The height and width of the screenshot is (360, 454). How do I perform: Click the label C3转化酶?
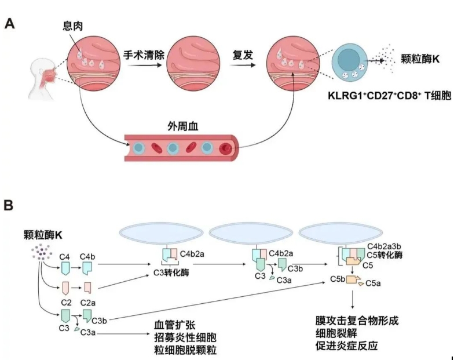coord(171,272)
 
